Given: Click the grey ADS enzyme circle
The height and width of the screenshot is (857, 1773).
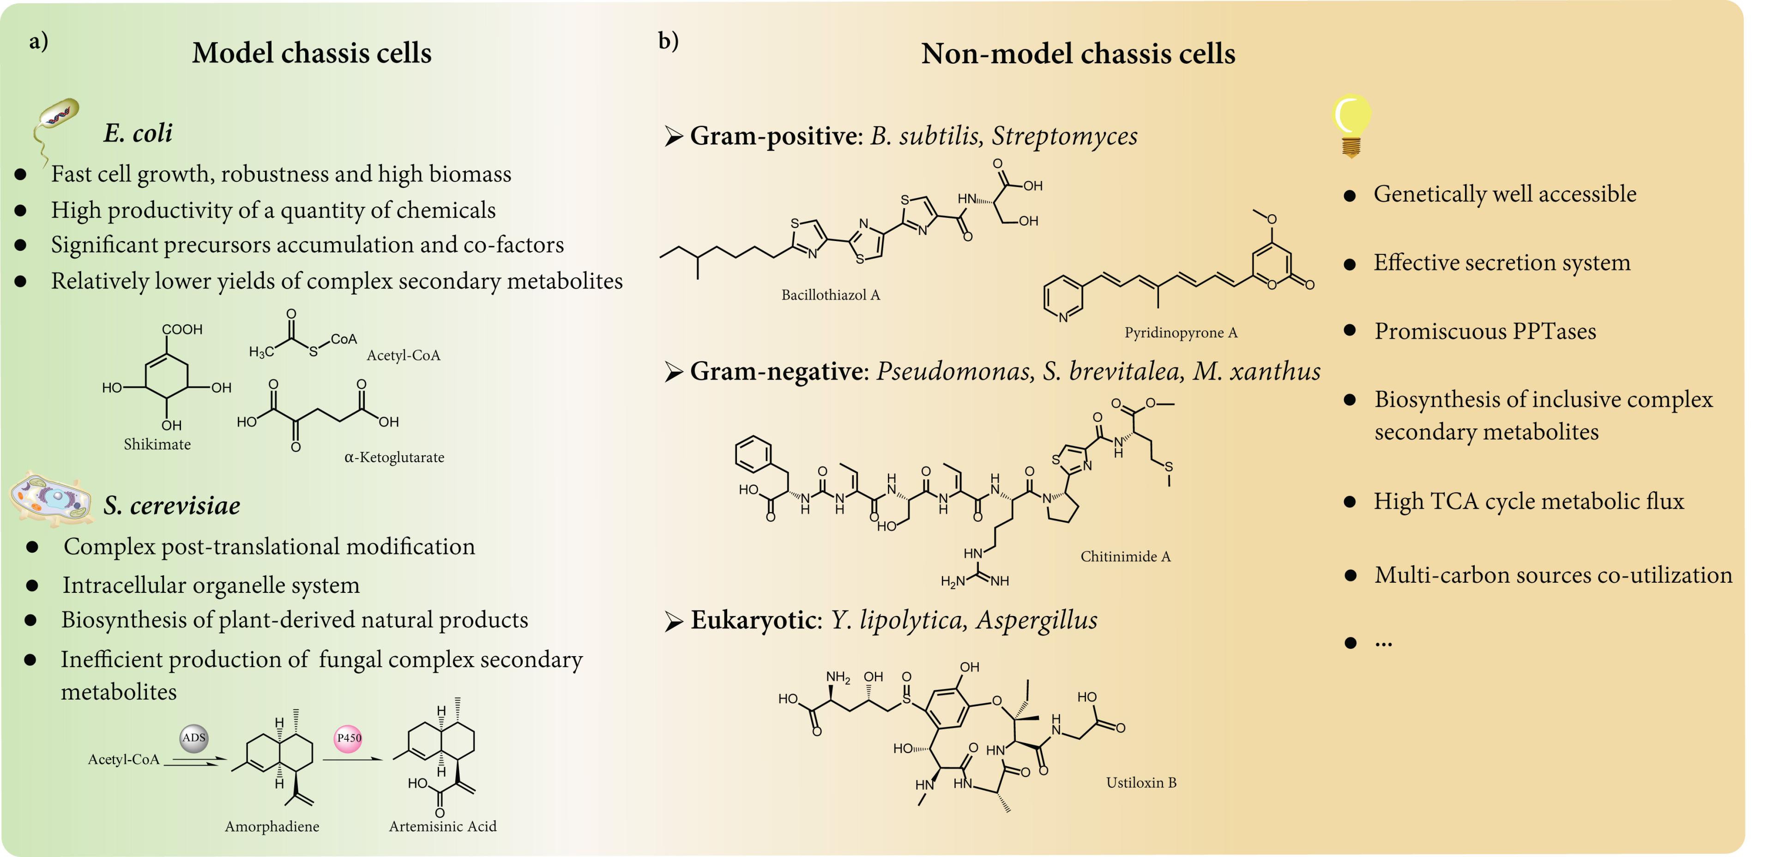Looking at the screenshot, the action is click(x=194, y=738).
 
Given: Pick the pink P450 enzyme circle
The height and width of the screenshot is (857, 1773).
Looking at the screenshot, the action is click(x=348, y=738).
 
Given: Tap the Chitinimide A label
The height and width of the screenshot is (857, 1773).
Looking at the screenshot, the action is click(x=1125, y=556).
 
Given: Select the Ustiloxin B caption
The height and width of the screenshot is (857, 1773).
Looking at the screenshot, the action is click(x=1141, y=783).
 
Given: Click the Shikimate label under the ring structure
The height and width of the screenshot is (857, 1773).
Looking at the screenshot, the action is click(x=157, y=444).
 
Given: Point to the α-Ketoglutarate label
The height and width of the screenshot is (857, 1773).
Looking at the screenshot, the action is click(x=394, y=457).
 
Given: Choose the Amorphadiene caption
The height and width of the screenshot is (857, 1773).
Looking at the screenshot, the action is click(x=272, y=827).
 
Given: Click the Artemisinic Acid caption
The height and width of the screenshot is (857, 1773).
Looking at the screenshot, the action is click(x=443, y=826).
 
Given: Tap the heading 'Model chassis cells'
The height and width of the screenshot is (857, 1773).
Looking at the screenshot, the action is click(x=312, y=53).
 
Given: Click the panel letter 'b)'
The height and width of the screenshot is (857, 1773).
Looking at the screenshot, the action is click(x=668, y=41).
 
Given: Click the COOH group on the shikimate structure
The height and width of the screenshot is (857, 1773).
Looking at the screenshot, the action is click(x=182, y=330).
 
